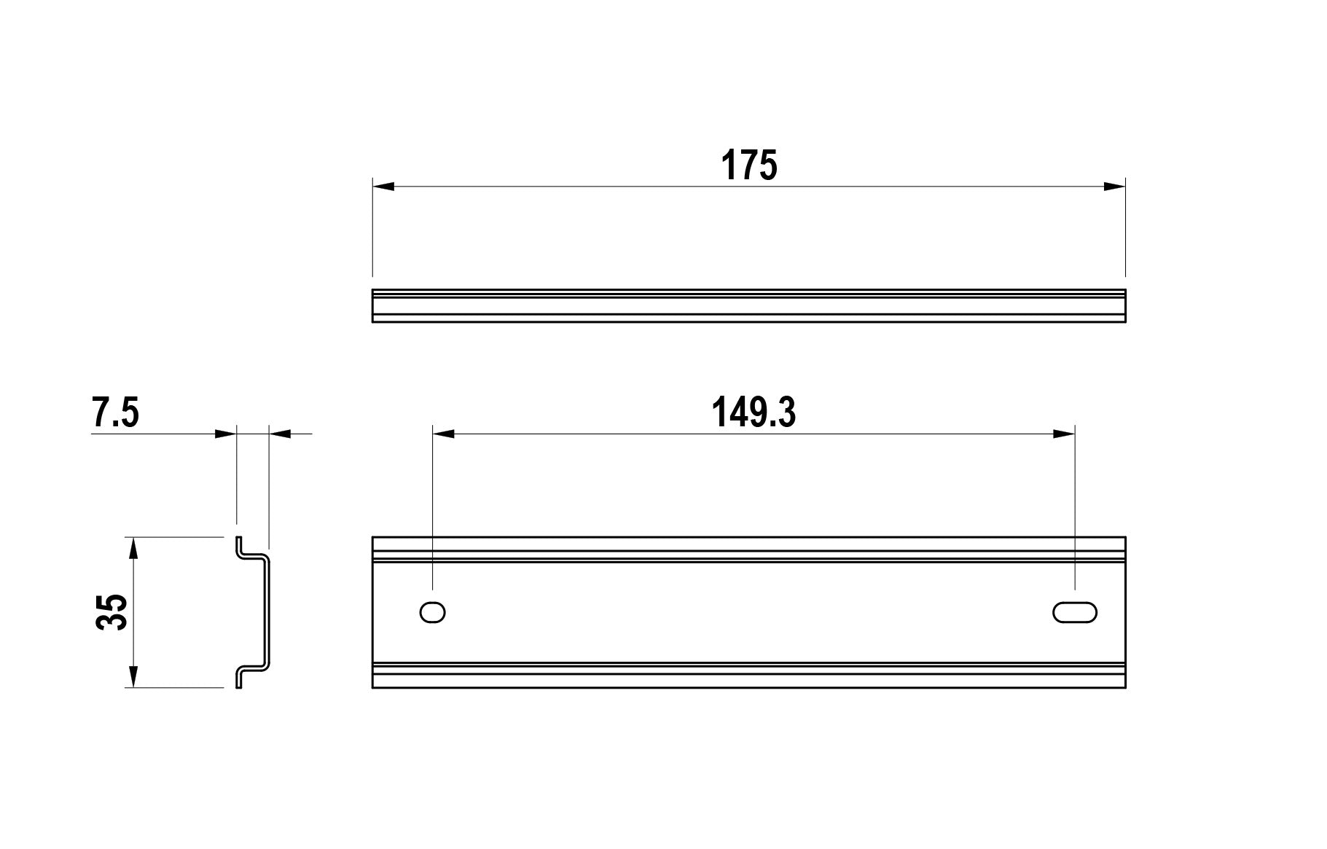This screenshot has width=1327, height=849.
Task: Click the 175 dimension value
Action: click(x=749, y=165)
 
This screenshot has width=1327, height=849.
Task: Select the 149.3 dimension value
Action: click(x=753, y=412)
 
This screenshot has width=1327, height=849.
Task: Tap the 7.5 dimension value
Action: click(x=115, y=412)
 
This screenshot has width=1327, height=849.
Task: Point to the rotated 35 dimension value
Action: click(x=112, y=612)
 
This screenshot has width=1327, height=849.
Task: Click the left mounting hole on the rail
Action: click(x=433, y=612)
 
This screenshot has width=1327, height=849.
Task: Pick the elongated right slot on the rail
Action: click(x=1075, y=612)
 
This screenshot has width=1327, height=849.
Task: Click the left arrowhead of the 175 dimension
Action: click(x=383, y=186)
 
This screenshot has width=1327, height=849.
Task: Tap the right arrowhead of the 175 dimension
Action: click(x=1114, y=186)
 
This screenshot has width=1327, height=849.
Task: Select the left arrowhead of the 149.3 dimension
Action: click(x=444, y=434)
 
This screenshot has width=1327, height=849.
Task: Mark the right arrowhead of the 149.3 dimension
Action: click(x=1064, y=434)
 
